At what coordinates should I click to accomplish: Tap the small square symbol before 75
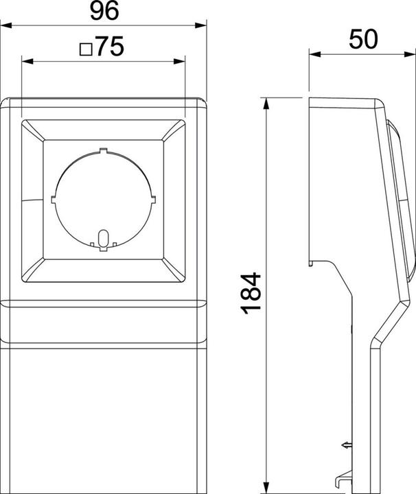[86, 49]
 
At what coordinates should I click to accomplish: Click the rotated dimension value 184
[252, 293]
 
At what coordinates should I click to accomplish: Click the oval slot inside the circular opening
[103, 238]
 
